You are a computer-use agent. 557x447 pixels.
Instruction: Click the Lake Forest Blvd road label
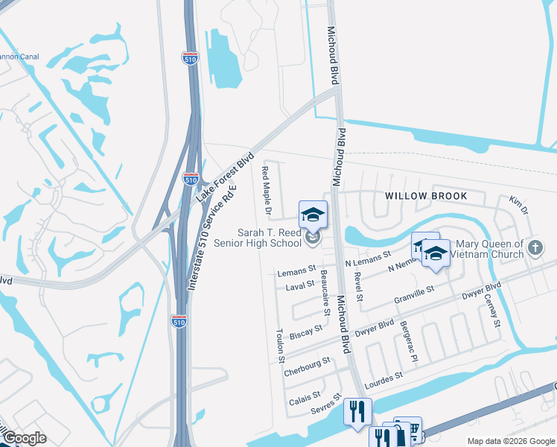pos(225,179)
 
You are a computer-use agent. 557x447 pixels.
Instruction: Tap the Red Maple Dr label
pos(265,188)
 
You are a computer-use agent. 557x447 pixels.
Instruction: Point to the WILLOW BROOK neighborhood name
pos(426,196)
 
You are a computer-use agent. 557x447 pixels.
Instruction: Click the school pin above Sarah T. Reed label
pos(313,215)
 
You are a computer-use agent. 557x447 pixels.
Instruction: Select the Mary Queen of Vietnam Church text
pos(490,249)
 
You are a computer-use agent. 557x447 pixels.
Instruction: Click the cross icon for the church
pos(534,248)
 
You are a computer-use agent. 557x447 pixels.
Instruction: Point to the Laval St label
pos(300,285)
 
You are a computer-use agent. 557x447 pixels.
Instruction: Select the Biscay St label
pos(306,329)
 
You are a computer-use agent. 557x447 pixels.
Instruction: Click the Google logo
pos(24,438)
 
